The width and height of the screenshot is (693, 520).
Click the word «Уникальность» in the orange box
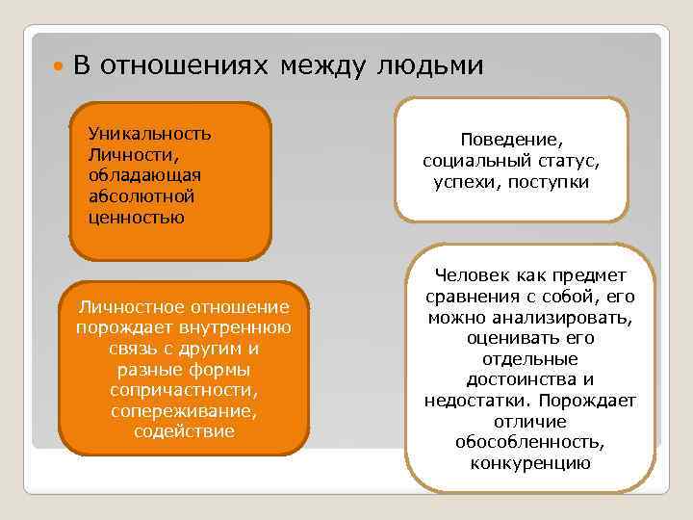pyautogui.click(x=149, y=133)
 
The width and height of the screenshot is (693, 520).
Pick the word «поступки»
pyautogui.click(x=553, y=182)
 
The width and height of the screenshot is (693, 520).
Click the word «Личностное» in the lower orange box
pyautogui.click(x=130, y=307)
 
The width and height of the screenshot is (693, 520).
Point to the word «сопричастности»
pyautogui.click(x=184, y=391)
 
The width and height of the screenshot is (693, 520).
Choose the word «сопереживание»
pyautogui.click(x=184, y=411)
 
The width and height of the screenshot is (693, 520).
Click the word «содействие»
pyautogui.click(x=184, y=432)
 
